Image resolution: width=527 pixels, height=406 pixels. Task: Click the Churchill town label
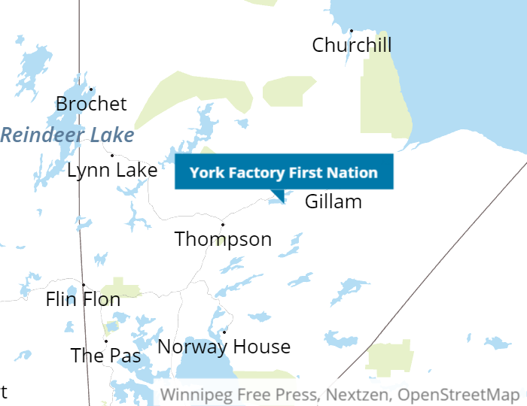(352, 45)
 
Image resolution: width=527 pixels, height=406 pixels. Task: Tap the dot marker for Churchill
(352, 31)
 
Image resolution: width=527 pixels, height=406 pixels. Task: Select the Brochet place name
(91, 104)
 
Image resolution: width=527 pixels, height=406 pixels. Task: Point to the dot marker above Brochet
(91, 89)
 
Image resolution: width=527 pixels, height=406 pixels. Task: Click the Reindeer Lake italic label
(67, 135)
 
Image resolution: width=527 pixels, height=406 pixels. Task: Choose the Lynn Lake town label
(112, 170)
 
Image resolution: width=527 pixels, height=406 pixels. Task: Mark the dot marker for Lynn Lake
(112, 156)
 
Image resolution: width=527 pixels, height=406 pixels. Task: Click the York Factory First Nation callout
(284, 172)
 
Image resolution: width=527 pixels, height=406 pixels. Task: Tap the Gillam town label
(333, 201)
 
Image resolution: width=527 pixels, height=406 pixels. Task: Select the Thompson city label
(223, 239)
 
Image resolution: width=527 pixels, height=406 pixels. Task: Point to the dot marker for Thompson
(223, 224)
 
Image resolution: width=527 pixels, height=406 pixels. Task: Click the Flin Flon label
(83, 299)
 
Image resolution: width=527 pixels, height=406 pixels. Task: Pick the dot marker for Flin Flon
(84, 285)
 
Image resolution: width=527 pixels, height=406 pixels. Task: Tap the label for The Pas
(105, 355)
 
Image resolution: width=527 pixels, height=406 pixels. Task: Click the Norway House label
(224, 347)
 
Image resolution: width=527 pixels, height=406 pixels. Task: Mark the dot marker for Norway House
(224, 332)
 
